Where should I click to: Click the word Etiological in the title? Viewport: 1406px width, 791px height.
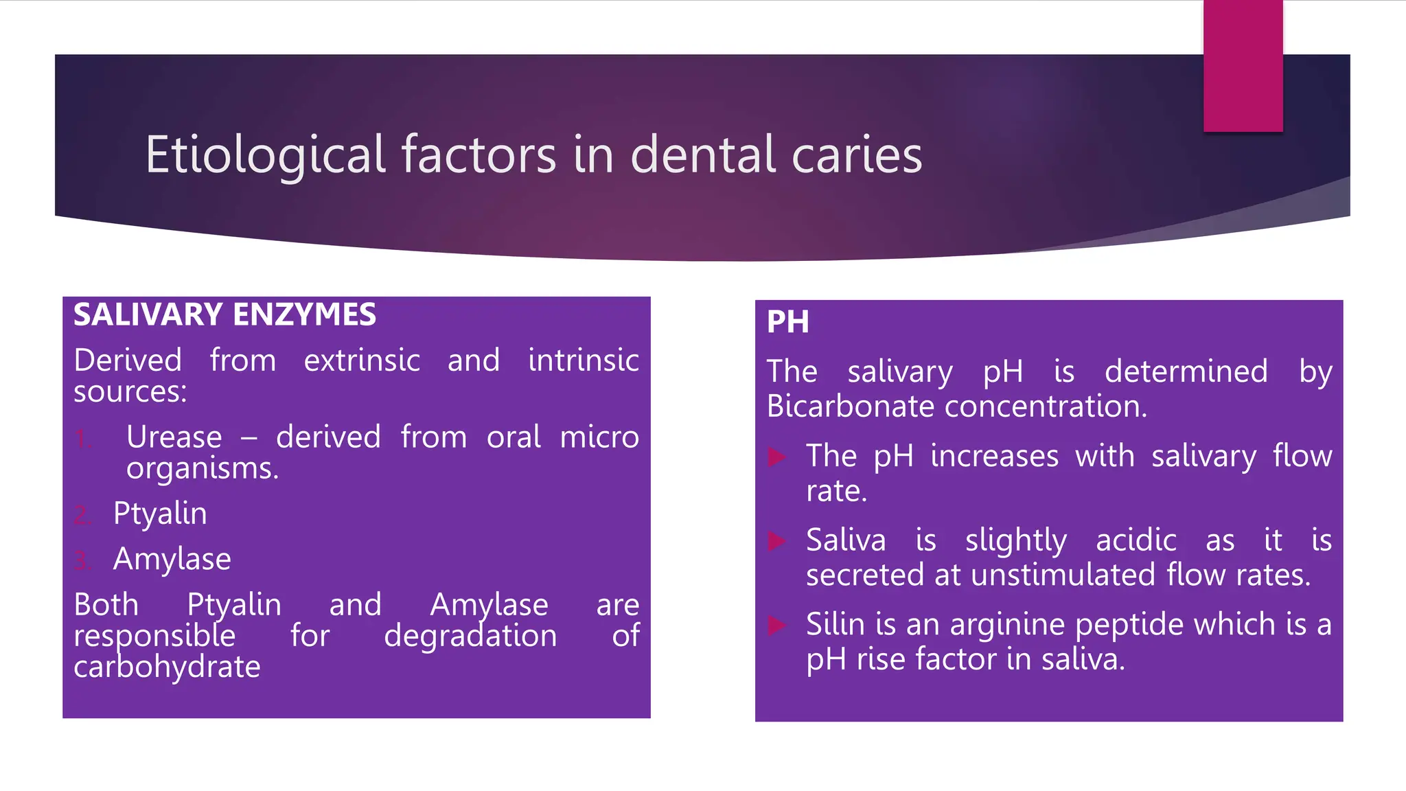[265, 155]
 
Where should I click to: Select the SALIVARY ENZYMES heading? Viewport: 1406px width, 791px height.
[224, 314]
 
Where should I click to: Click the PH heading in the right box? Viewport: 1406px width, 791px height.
[787, 321]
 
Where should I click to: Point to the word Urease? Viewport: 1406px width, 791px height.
[174, 437]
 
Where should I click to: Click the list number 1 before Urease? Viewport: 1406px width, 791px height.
[82, 439]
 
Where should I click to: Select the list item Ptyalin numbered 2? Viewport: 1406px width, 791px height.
[160, 514]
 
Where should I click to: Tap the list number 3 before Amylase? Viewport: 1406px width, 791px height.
[82, 561]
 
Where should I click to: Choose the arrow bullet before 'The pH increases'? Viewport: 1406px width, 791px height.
[776, 457]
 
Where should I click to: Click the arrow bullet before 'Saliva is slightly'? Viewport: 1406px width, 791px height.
[776, 541]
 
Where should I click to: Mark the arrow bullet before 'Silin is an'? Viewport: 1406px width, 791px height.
[776, 625]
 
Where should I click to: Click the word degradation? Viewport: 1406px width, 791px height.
[470, 636]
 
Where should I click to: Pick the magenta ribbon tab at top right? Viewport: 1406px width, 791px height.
[1243, 66]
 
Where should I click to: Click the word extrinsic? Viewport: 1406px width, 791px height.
[362, 360]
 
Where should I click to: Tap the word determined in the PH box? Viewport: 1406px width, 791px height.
[1186, 371]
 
